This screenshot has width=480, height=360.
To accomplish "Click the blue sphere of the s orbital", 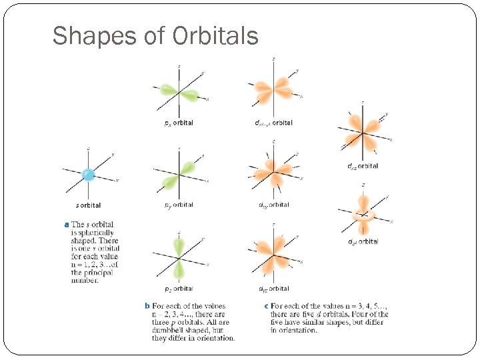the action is (88, 175).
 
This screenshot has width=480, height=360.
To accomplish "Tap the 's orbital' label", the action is (89, 205).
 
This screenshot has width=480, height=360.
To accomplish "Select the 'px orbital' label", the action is (179, 123).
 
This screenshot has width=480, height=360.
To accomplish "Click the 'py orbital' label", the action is (179, 205).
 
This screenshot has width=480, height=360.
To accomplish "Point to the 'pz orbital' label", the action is (179, 289).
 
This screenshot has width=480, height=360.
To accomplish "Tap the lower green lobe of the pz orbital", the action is (179, 269).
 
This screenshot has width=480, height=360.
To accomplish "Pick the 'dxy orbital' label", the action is (273, 205).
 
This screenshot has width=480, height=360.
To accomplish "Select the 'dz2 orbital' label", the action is (363, 241).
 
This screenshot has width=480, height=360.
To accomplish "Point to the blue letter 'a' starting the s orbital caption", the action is (66, 225).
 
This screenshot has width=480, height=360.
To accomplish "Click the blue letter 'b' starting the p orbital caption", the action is (147, 306).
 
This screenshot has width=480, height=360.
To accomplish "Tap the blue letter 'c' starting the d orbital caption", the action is (266, 306).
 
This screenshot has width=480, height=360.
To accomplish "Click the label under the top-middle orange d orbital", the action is (273, 123).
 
